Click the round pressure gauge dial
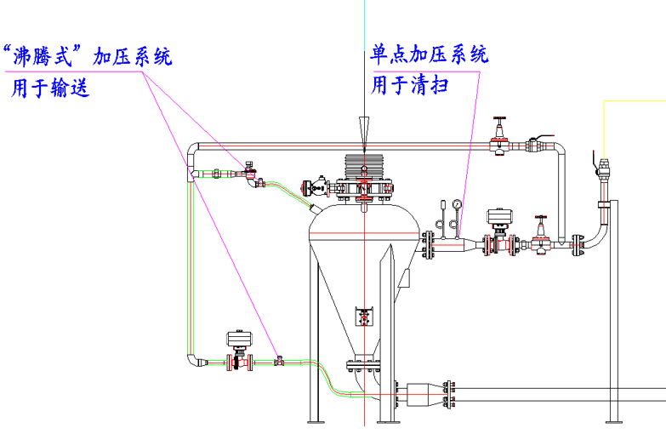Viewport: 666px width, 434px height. pos(458,204)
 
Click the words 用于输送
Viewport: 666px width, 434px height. pos(49,88)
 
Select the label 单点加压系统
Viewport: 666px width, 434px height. pos(430,55)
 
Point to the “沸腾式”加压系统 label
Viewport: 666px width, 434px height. pos(88,57)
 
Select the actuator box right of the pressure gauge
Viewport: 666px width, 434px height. pos(498,217)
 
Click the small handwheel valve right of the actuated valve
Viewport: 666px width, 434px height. pos(540,234)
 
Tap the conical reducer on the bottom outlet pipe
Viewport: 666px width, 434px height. pos(423,394)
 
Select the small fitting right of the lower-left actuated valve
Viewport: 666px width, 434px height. pos(278,361)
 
